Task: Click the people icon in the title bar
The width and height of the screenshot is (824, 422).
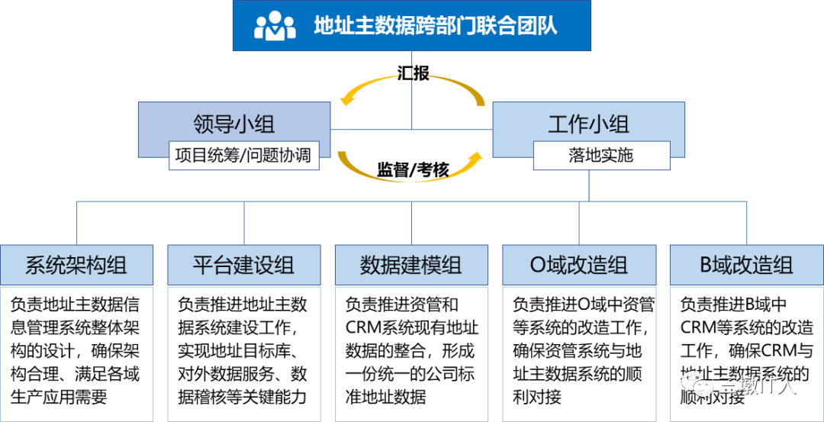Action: [x=275, y=26]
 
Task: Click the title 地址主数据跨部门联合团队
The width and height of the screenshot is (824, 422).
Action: [x=436, y=26]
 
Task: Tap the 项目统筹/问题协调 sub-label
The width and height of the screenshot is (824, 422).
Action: [x=243, y=155]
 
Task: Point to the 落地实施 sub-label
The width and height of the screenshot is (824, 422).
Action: [x=600, y=156]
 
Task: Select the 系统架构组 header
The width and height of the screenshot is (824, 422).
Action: [x=76, y=265]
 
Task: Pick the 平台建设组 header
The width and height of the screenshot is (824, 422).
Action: [x=244, y=265]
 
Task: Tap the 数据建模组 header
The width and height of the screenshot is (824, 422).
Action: [x=411, y=265]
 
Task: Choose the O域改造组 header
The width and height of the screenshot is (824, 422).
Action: [x=579, y=265]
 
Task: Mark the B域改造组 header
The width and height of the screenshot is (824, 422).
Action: [x=746, y=265]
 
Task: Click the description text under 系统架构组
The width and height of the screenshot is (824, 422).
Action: [x=76, y=351]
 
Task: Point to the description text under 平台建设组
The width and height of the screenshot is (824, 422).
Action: [x=243, y=351]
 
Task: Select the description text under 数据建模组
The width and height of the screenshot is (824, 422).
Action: [x=411, y=351]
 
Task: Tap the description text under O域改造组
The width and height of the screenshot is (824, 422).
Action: [x=579, y=351]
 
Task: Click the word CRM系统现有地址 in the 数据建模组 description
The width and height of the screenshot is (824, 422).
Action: [x=412, y=328]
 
